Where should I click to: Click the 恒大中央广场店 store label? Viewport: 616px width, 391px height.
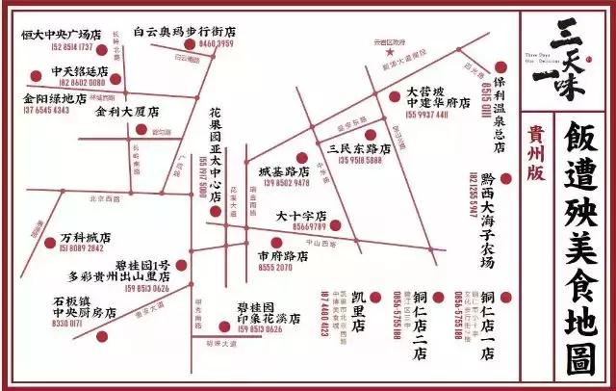[x=63, y=34]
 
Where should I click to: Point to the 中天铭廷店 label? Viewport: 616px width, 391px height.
[x=80, y=71]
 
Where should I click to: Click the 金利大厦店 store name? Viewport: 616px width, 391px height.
[x=126, y=112]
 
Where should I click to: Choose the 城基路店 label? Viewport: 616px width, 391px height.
[x=283, y=170]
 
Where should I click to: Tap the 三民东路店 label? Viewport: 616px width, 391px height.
[x=359, y=149]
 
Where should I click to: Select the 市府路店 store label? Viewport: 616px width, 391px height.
[x=283, y=257]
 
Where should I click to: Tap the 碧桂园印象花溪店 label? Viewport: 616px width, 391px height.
[x=269, y=312]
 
